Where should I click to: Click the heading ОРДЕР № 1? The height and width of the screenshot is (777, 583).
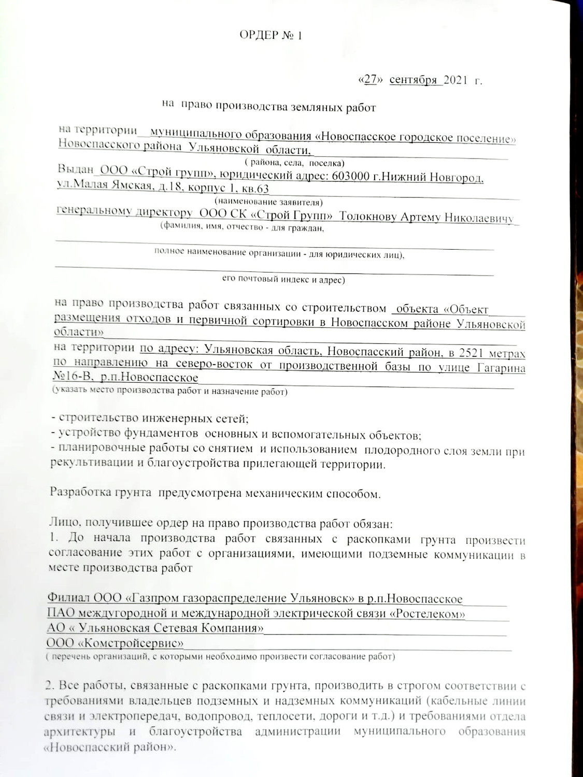point(270,36)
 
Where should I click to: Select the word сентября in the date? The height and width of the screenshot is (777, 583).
point(413,80)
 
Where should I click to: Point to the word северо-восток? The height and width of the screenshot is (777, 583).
point(214,365)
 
